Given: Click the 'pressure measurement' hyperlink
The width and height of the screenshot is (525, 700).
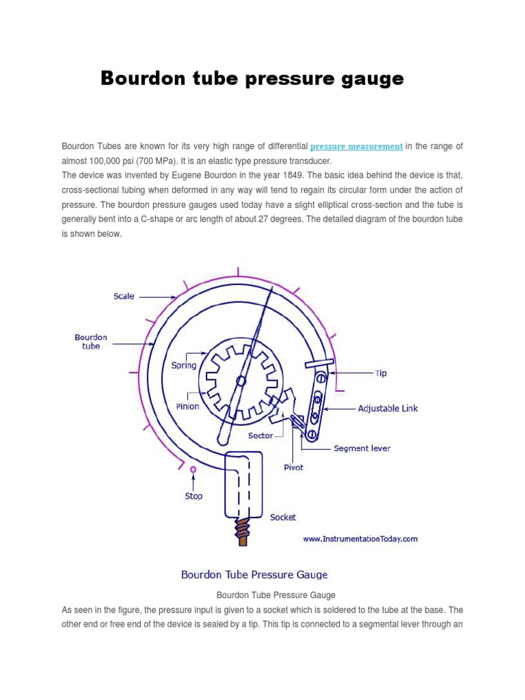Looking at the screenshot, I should [356, 146].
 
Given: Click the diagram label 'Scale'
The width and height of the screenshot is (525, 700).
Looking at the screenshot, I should [124, 297].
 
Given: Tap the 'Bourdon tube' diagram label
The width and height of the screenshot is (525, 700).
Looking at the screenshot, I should [91, 342].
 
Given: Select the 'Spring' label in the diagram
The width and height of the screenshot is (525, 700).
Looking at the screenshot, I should [184, 365].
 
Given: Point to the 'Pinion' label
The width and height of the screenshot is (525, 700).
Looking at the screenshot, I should [188, 406].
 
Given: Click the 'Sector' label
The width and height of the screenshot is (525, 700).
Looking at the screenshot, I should [261, 435].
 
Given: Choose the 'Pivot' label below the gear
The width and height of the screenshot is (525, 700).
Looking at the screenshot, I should [293, 468].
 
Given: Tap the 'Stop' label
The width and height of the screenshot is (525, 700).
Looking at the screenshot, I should [193, 496].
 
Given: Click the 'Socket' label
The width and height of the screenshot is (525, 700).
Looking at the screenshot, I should [283, 517].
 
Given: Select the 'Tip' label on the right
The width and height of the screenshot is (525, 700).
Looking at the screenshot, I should [381, 374].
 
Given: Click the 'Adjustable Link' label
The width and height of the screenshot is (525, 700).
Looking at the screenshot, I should [388, 408].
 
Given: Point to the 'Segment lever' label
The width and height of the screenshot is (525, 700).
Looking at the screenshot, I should [362, 448].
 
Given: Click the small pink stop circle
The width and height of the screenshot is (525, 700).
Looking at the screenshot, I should [193, 470].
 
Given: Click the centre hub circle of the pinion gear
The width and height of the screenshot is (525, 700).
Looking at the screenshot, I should [241, 381].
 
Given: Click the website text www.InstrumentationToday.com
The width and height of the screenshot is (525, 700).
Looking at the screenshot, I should [360, 539].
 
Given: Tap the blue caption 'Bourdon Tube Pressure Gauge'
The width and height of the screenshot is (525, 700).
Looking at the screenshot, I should [254, 574].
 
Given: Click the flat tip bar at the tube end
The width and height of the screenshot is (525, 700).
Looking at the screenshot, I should [320, 364].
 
